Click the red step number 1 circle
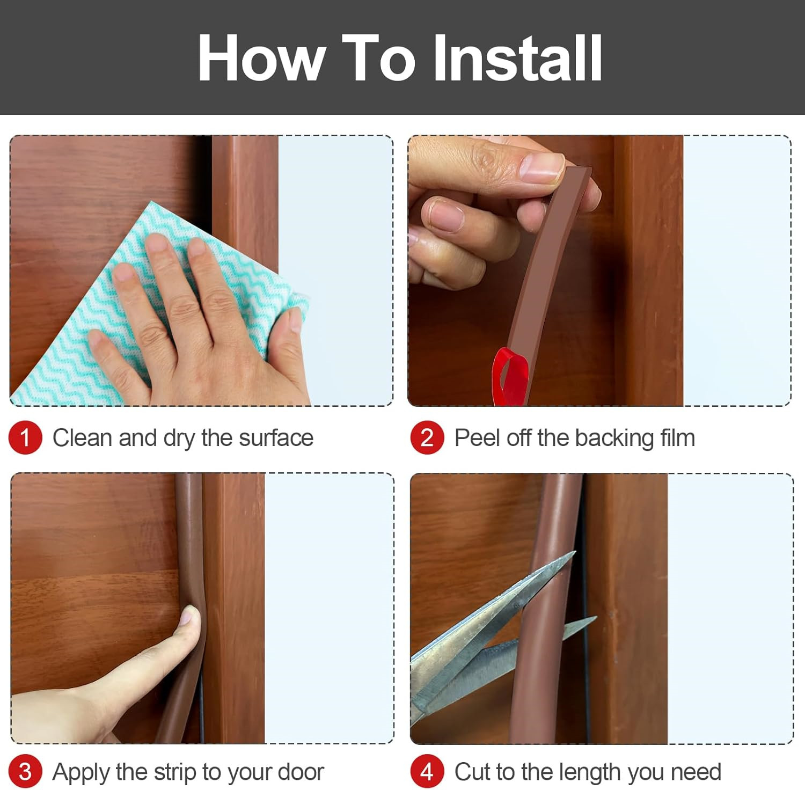point(25,437)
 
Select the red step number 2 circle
point(427,437)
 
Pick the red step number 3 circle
point(25,772)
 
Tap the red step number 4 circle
point(427,772)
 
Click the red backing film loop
point(509,376)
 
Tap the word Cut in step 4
point(472,772)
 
